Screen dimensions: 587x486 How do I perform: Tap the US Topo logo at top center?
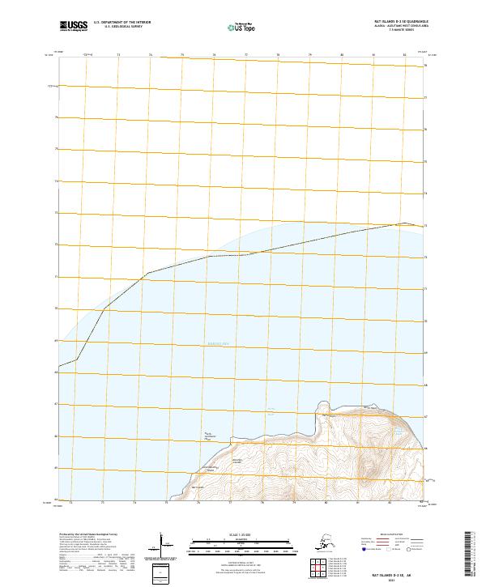click(x=242, y=26)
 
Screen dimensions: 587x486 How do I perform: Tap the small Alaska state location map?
click(x=330, y=542)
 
